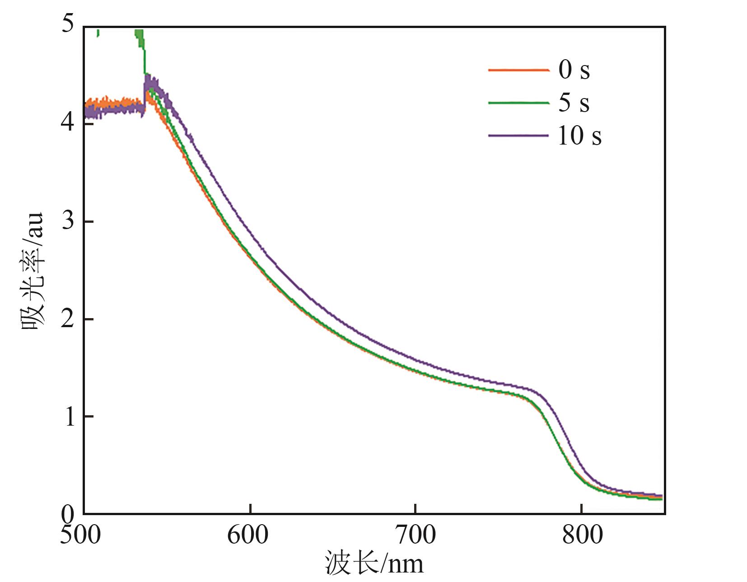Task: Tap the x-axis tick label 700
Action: point(415,535)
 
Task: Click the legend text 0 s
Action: point(574,70)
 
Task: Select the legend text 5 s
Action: point(574,103)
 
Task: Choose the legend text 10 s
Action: point(579,136)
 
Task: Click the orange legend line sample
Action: point(518,70)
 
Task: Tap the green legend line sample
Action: point(518,103)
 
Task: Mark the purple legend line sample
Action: point(518,135)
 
